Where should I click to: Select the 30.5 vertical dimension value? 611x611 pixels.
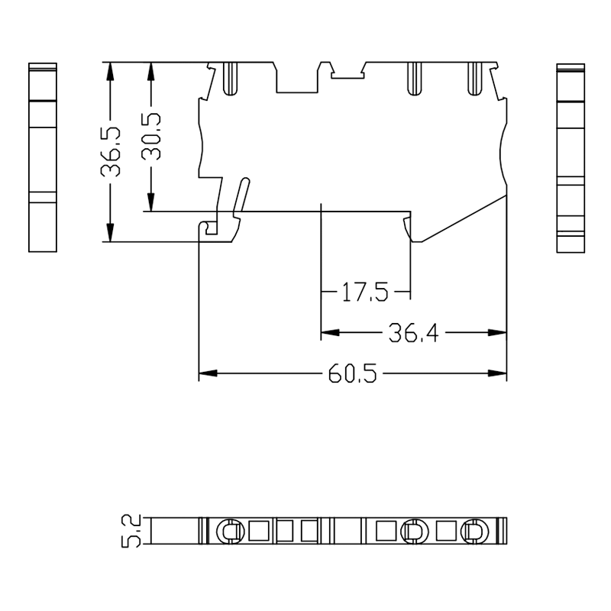coord(151,136)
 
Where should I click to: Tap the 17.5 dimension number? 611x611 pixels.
coord(365,293)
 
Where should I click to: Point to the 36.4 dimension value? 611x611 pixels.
coord(413,333)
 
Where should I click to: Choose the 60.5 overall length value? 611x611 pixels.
coord(352,374)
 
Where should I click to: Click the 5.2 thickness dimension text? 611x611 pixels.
coord(131,530)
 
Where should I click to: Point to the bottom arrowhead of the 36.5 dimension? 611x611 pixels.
coord(111,233)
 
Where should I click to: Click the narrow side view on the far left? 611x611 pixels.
coord(43,157)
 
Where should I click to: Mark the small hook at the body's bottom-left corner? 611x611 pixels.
coord(206,228)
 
